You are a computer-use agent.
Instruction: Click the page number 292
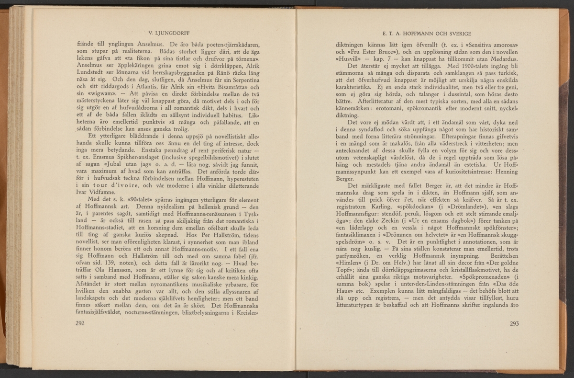[x=80, y=323]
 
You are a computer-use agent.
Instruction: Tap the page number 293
[x=515, y=323]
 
